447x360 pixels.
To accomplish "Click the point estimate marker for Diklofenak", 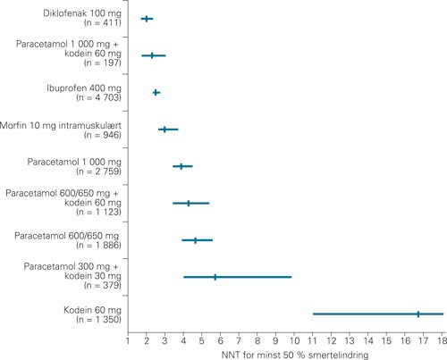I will coord(147,18).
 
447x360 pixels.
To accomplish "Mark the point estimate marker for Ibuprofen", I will coord(156,92).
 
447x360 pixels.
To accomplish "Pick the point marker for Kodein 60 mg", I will coord(417,314).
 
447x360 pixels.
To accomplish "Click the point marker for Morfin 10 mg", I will coord(164,130).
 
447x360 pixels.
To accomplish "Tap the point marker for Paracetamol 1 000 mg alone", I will coord(181,166).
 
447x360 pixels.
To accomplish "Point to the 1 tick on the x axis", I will coord(128,339).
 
